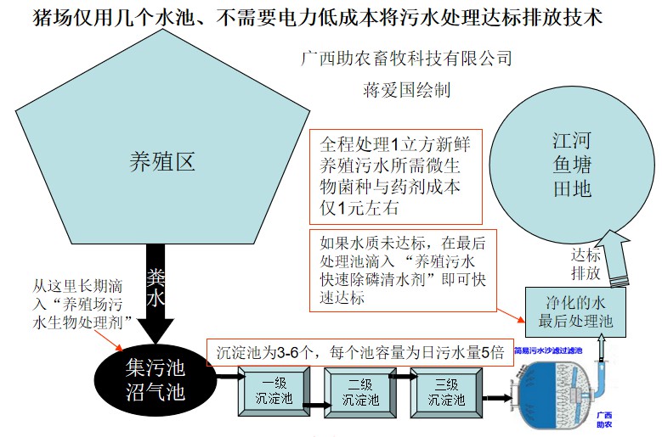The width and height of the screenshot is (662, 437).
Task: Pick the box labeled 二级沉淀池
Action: click(360, 391)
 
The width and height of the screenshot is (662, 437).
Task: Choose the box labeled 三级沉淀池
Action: click(447, 391)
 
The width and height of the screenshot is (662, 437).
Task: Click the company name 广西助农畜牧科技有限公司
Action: click(407, 59)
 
